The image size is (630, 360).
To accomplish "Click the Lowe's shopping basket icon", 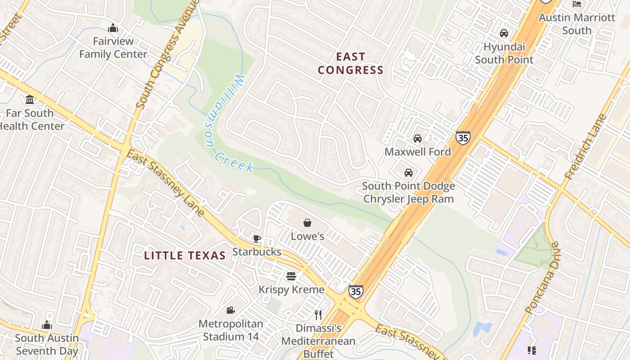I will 307,223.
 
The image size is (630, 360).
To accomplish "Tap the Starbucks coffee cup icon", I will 256,238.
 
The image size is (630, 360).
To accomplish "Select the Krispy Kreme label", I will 291,289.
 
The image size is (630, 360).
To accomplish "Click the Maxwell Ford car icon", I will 418,139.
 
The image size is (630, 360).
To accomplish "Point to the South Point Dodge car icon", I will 409,173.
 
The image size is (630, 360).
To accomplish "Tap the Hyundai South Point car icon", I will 504,33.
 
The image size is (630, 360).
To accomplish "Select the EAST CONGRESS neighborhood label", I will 351,63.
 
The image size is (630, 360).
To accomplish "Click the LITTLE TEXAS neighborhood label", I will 184,256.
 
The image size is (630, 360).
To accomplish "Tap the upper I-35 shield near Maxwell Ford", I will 463,137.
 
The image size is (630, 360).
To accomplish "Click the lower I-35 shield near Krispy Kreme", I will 355,291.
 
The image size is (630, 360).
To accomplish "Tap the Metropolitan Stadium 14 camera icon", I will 230,310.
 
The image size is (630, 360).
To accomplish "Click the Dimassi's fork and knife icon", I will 318,315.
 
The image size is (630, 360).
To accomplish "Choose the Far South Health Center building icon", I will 30,99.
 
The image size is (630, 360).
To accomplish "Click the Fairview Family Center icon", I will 113,28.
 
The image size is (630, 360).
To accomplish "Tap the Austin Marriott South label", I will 576,24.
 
